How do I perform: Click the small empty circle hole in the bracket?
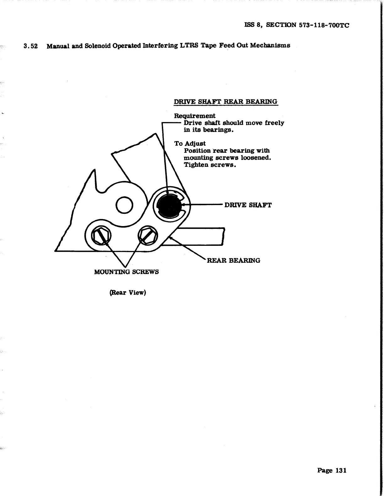124,205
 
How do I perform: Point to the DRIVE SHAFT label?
248,205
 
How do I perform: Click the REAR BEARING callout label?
233,261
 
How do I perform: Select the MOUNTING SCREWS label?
126,272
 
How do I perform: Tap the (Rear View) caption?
128,293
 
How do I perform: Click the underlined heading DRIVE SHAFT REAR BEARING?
226,102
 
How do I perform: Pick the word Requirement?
195,116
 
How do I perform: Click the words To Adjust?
190,144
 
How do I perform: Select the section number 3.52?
31,46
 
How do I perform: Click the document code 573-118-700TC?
324,25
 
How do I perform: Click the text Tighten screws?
210,165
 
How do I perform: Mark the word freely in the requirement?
275,123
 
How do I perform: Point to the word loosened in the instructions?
256,158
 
